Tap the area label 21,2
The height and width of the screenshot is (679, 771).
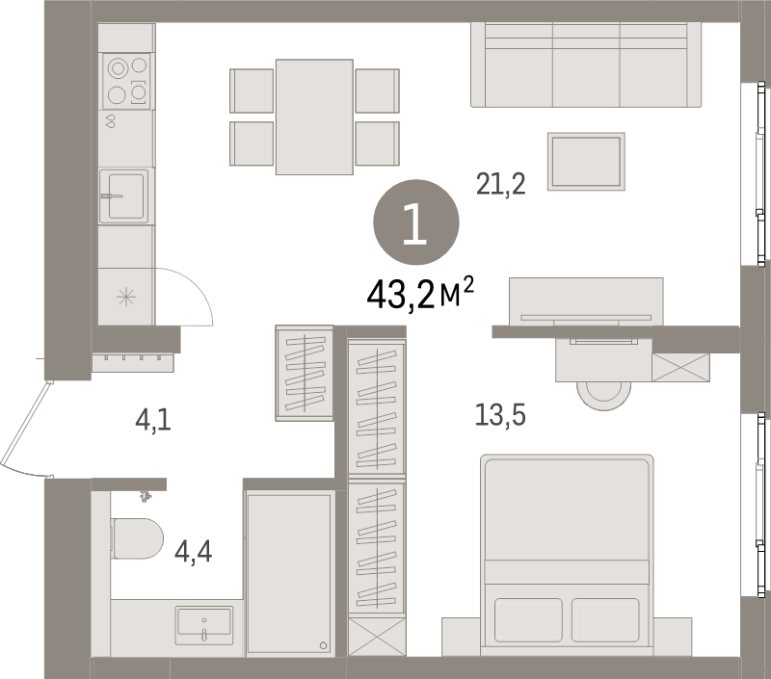(x=500, y=182)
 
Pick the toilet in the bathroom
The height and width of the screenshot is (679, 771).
(x=137, y=537)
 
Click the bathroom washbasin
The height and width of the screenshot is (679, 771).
(x=203, y=624)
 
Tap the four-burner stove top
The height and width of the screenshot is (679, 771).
(x=127, y=80)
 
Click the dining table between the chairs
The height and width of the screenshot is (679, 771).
(x=314, y=117)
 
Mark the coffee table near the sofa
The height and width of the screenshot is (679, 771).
(x=586, y=162)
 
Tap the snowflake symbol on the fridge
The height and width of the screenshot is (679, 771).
(x=126, y=297)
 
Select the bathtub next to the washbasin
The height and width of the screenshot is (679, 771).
(x=290, y=572)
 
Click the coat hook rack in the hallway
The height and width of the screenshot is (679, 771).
(x=133, y=360)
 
